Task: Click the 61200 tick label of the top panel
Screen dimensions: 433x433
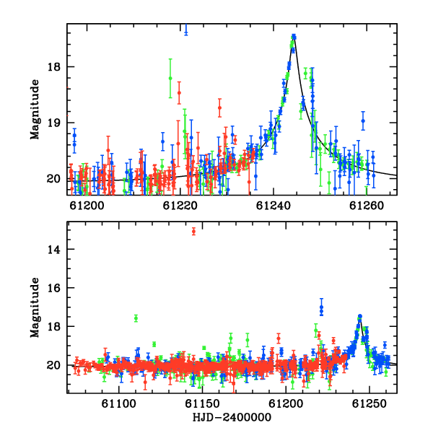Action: [87, 206]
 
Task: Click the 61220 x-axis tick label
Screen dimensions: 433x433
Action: [180, 206]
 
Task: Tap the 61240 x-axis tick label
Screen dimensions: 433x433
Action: [274, 206]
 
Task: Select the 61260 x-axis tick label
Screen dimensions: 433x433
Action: [367, 206]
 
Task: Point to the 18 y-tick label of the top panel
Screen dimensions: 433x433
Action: [54, 67]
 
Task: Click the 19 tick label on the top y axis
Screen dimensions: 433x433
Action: [54, 123]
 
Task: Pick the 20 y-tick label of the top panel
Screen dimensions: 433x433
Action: [54, 179]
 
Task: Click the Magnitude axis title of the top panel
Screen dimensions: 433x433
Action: [35, 110]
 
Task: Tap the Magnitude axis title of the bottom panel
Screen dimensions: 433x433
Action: [35, 307]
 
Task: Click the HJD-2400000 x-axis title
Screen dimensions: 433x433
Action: [232, 417]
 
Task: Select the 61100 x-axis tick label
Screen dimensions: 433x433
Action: [119, 403]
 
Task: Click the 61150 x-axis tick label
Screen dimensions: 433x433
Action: [202, 403]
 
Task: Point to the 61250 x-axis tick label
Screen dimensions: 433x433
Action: [369, 403]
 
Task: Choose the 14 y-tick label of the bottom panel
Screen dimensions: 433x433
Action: [54, 250]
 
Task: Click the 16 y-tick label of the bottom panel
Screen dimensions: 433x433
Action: [54, 288]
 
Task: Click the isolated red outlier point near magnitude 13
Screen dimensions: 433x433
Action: [193, 232]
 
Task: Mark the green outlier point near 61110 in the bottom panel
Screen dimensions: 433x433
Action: [136, 318]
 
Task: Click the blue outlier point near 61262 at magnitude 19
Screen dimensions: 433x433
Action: [363, 121]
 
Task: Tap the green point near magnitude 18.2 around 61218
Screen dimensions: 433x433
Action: [170, 78]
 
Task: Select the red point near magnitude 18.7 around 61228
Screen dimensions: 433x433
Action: [219, 108]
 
